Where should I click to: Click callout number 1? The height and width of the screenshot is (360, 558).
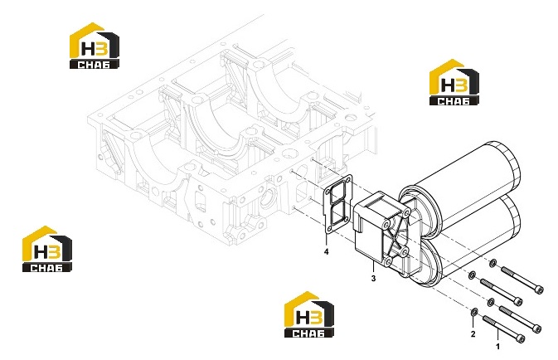click(497, 346)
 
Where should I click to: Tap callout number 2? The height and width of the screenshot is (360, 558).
click(473, 334)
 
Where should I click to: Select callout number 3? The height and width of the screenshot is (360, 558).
click(373, 279)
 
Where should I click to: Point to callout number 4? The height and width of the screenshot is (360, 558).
click(327, 251)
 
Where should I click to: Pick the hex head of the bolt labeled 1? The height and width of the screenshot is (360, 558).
click(521, 338)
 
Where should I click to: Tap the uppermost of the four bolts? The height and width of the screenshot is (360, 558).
click(522, 280)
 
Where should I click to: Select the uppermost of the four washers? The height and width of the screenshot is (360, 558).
click(492, 264)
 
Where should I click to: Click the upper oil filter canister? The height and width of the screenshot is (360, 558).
click(463, 186)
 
